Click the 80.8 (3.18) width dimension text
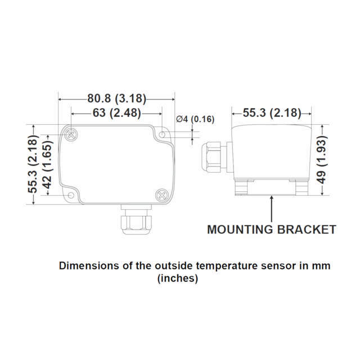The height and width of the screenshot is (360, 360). point(116,99)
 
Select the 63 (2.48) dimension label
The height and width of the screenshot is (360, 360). point(116,113)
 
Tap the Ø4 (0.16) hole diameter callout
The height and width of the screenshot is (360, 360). point(195,119)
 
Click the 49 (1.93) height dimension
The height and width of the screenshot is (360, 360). point(322,164)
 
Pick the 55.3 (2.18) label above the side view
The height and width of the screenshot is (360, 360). point(272,112)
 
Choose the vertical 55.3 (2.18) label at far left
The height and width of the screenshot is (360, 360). point(34,164)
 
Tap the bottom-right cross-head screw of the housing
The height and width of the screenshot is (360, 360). point(161,195)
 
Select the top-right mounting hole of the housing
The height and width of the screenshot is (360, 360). point(163,136)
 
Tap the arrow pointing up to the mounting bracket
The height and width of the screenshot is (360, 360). point(272,208)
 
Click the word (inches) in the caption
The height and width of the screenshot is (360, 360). point(177,278)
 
